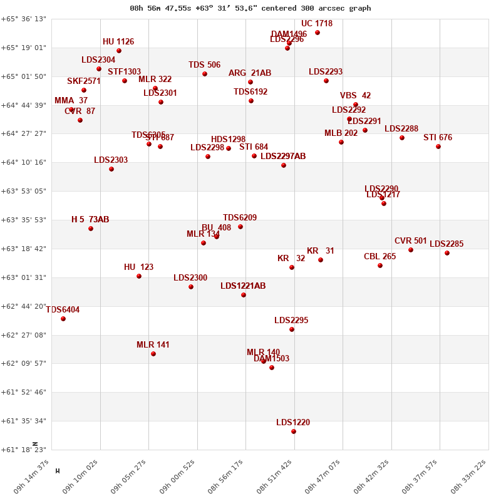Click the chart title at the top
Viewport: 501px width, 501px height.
click(250, 8)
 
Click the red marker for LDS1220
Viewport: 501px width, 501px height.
click(294, 431)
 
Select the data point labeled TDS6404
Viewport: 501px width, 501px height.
click(63, 319)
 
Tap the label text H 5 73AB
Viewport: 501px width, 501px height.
click(90, 220)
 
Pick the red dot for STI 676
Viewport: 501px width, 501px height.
click(438, 147)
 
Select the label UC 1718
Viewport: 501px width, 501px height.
click(317, 24)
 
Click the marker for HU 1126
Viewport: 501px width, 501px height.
click(119, 51)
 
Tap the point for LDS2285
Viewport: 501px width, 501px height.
click(447, 253)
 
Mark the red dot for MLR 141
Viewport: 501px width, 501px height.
click(153, 354)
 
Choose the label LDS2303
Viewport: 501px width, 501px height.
click(111, 160)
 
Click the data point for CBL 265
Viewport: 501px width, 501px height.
click(380, 266)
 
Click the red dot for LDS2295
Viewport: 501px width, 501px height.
click(292, 329)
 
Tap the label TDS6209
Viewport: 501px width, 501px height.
click(240, 218)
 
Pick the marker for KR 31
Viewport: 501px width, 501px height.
click(321, 260)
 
